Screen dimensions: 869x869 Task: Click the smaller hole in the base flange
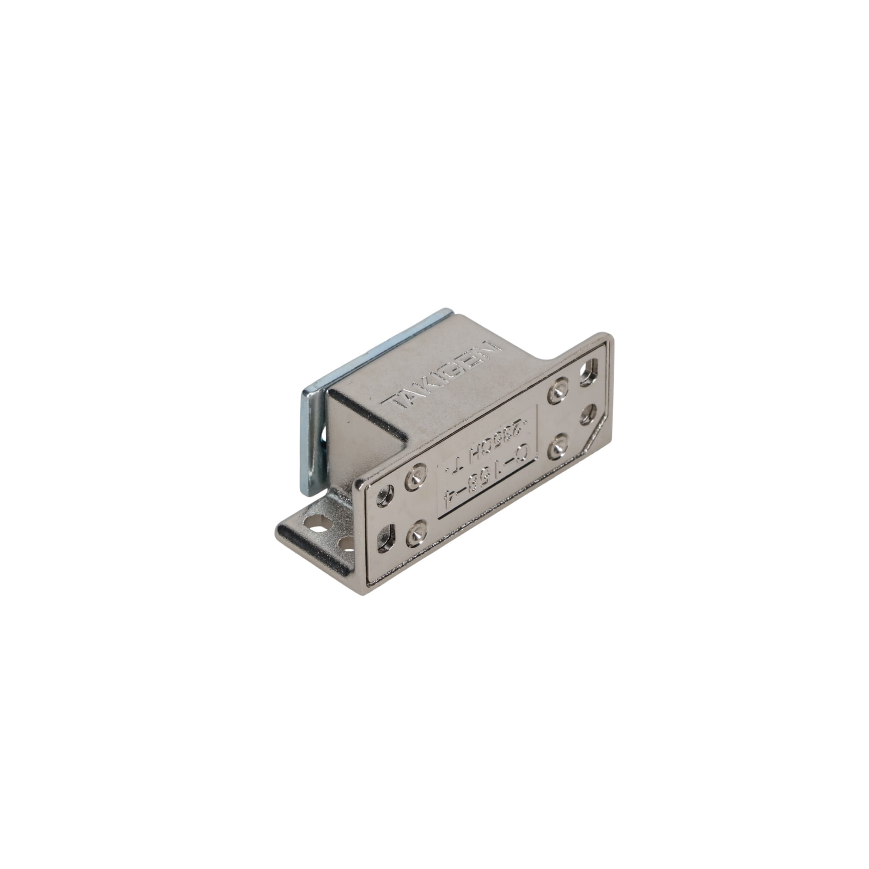[347, 544]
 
